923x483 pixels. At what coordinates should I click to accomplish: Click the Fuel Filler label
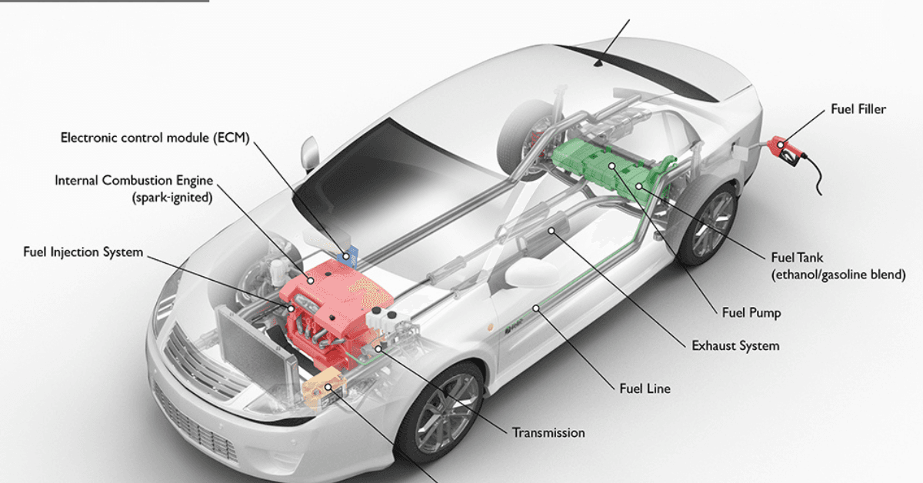(858, 109)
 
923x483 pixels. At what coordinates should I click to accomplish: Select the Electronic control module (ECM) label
(155, 138)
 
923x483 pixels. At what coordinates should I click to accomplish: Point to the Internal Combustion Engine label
(134, 181)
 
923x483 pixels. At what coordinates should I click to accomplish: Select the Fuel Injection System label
(83, 251)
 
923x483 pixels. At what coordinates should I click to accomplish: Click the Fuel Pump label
(751, 312)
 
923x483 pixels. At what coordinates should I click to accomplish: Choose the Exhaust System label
(735, 346)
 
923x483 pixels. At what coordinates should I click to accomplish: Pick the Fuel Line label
(645, 388)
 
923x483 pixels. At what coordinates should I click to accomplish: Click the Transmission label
(548, 433)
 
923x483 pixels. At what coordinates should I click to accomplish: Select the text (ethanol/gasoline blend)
(838, 274)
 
